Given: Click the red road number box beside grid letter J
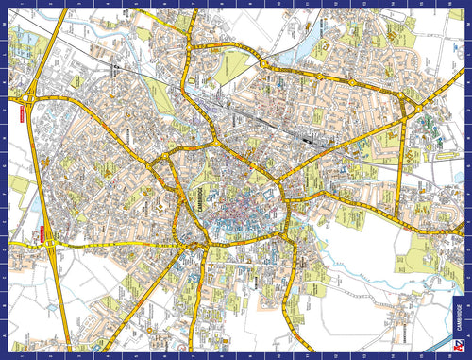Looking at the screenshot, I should [x=42, y=233].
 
